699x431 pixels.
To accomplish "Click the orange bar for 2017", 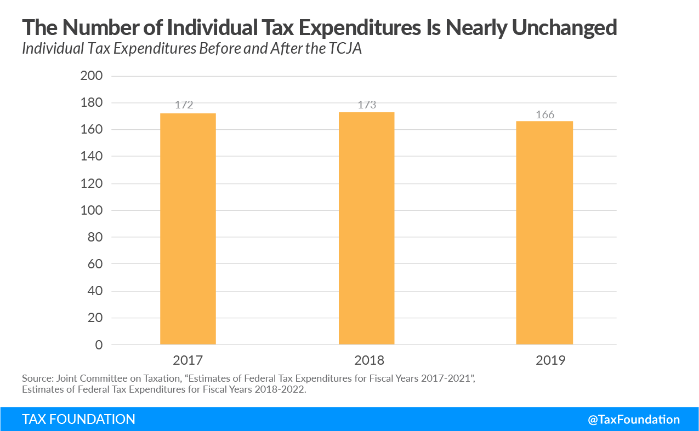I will click(x=187, y=229).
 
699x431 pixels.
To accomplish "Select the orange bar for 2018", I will click(x=366, y=228).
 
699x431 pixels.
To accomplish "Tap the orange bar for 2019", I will click(x=544, y=233).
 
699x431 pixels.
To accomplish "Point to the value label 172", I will click(x=184, y=105).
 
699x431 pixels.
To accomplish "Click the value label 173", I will click(x=367, y=104).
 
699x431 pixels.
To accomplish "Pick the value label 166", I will click(x=545, y=114).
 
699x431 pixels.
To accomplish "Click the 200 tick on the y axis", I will click(x=92, y=76).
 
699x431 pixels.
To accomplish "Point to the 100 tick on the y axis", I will click(x=92, y=210).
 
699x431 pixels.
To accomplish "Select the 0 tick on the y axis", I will click(x=99, y=345).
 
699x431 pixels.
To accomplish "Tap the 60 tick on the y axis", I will click(x=95, y=264).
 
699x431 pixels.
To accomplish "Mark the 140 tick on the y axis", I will click(x=92, y=157).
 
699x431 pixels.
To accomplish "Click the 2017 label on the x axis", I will click(x=187, y=360).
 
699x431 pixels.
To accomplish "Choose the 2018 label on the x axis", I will click(x=366, y=360).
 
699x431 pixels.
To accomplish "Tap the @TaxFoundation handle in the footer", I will click(x=633, y=419).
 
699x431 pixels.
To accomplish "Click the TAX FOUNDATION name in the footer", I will click(x=78, y=419).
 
